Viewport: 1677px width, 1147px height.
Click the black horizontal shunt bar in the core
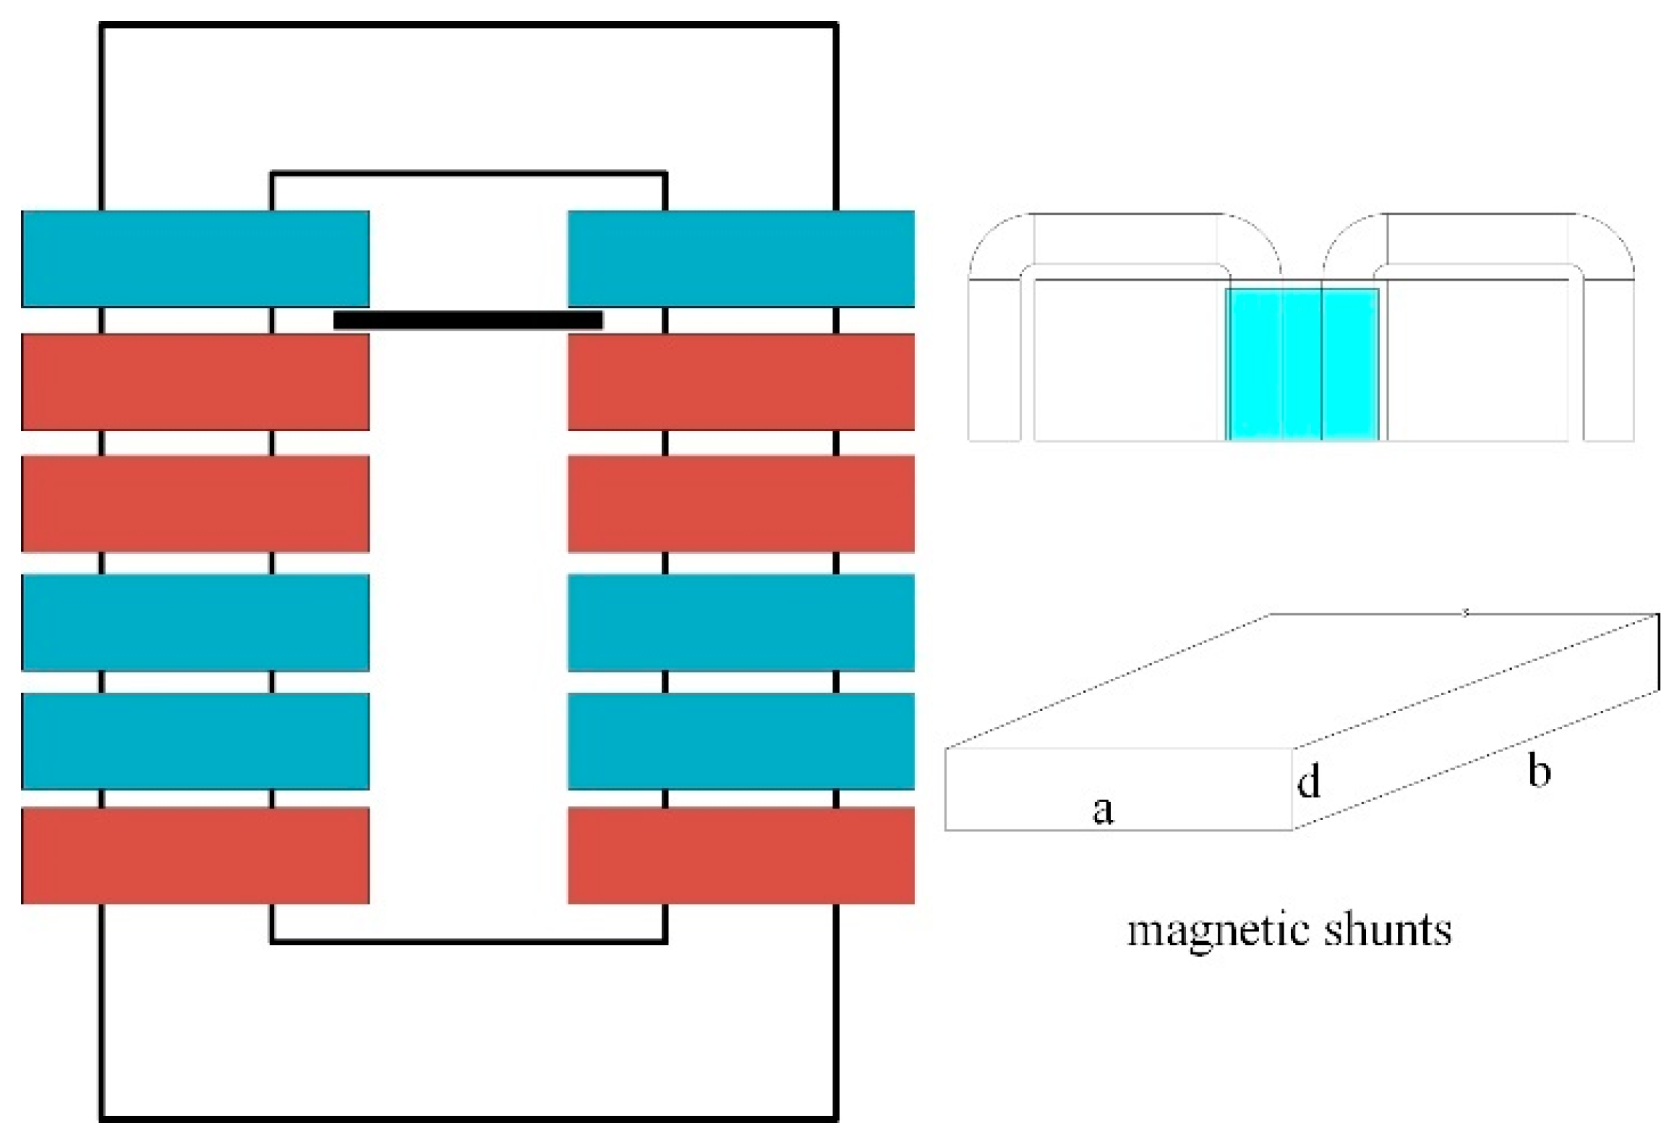[x=468, y=320]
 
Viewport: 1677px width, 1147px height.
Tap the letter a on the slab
[x=1102, y=809]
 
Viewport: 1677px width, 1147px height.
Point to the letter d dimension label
[x=1309, y=782]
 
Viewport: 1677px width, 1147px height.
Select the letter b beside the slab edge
[x=1539, y=770]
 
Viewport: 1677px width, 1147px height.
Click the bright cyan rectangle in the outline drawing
[x=1302, y=364]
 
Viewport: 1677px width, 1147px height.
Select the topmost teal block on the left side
[x=195, y=258]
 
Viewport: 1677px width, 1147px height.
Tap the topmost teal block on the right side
[x=741, y=258]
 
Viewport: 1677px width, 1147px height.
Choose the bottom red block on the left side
[x=195, y=855]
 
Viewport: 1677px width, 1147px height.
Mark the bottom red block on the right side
[x=741, y=855]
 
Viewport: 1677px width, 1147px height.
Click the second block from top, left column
[x=195, y=381]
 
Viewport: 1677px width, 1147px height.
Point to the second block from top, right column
[x=741, y=381]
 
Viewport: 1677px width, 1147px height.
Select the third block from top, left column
[x=195, y=503]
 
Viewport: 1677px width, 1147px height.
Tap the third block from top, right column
[x=741, y=503]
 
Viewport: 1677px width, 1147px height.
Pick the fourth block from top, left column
[x=195, y=622]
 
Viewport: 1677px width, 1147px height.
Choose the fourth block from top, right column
[x=741, y=622]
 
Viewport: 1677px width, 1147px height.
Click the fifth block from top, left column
[x=195, y=741]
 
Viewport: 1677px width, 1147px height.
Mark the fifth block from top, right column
[x=741, y=741]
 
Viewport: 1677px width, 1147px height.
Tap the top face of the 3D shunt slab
[x=1302, y=680]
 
